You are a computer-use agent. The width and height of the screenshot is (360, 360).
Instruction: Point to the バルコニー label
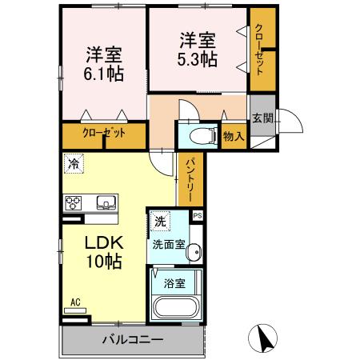tap(133, 340)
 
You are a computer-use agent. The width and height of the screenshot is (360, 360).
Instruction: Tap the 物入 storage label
tap(234, 137)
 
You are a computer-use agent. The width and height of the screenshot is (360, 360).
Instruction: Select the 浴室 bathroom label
tap(174, 282)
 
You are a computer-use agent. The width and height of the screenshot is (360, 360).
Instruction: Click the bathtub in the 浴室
tap(176, 308)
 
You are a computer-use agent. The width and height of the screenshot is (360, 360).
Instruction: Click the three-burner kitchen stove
tap(74, 202)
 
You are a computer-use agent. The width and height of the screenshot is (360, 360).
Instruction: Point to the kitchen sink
tap(106, 202)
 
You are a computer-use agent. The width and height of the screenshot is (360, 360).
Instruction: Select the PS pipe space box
tap(198, 215)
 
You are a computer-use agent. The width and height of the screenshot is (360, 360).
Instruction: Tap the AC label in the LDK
tap(76, 302)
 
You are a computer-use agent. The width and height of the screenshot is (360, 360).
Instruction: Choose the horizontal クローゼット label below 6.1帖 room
tap(104, 133)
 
